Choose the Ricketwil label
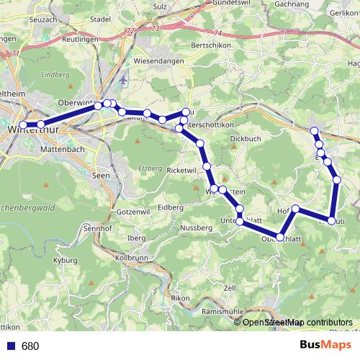[x=181, y=170]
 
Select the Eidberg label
[x=171, y=207]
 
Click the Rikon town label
[x=179, y=298]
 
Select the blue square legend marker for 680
[x=9, y=346]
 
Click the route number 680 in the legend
[x=30, y=346]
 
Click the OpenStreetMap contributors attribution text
[x=297, y=323]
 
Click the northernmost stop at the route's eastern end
[x=314, y=131]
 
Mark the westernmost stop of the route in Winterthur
[x=23, y=126]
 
